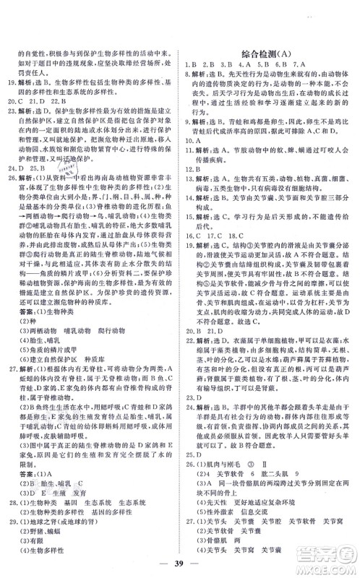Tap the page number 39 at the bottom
coord(179,558)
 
